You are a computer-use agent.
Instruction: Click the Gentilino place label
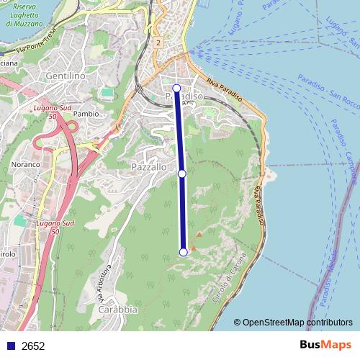(x=65, y=76)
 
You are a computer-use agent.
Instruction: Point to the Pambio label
(x=86, y=114)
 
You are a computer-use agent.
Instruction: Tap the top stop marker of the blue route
(x=176, y=88)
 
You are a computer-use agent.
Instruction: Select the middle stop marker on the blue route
(x=182, y=174)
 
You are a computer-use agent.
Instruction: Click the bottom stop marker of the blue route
(x=184, y=251)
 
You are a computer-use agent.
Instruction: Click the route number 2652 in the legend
(x=33, y=346)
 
